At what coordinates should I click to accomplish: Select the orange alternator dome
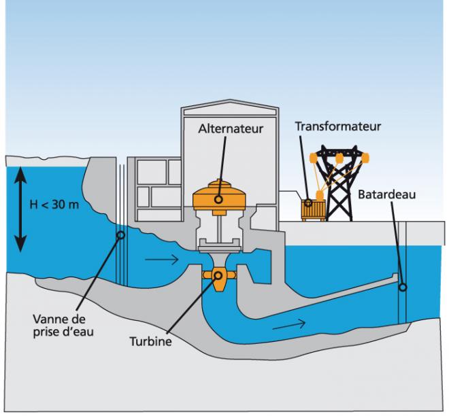pos(219,194)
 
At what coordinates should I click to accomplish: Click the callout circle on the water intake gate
pos(121,236)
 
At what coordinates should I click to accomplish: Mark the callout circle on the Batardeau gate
pos(403,286)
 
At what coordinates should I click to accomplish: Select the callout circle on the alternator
pos(219,199)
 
